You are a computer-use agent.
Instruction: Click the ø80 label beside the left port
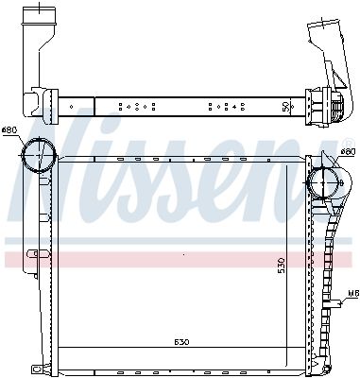click(x=9, y=129)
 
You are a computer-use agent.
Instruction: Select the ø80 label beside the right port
click(x=347, y=151)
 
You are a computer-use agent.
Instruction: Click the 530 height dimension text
click(x=281, y=266)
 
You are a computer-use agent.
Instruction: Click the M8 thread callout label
click(x=351, y=295)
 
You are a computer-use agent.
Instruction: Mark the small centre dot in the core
click(x=182, y=254)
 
